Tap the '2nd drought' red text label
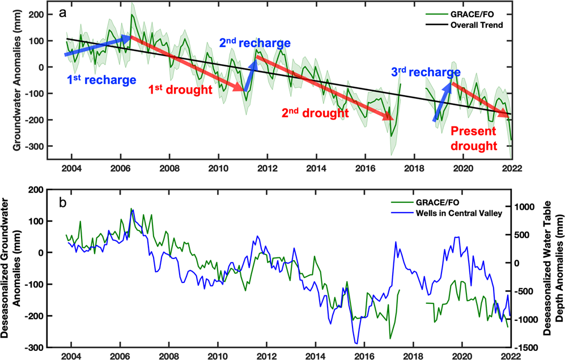(x=315, y=113)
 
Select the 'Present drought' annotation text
(x=473, y=139)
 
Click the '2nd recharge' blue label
(x=254, y=43)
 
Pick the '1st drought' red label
(x=180, y=89)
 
